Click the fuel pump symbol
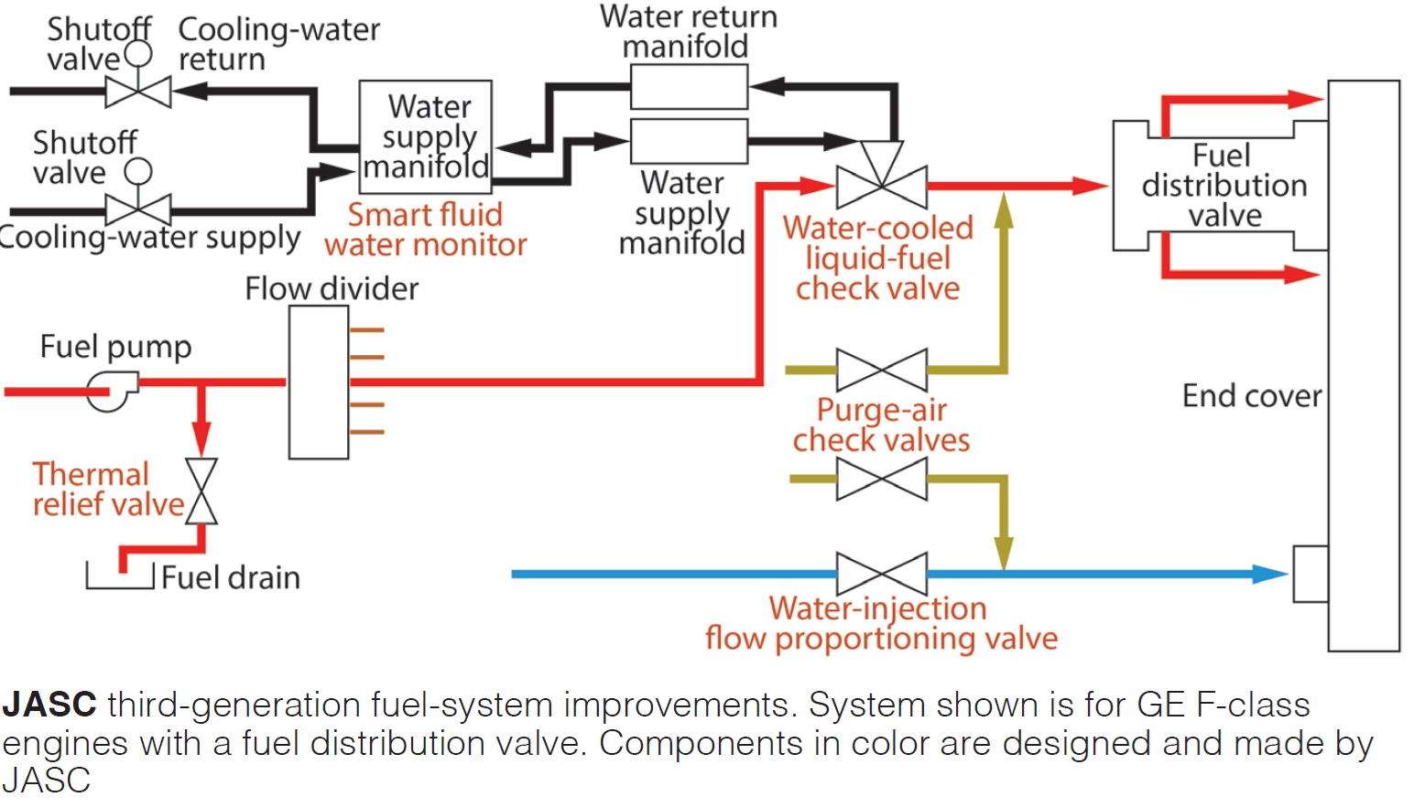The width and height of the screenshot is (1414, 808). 113,391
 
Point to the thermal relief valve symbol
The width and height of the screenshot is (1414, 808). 201,490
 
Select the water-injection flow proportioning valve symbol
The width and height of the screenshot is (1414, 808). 882,574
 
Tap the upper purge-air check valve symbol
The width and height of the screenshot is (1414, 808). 882,371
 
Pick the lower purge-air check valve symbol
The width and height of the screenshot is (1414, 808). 882,479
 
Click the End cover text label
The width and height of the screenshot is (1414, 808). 1252,396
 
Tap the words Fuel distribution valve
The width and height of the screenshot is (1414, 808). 1224,186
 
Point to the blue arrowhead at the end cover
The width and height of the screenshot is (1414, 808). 1270,574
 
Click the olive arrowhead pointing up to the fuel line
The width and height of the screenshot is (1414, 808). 1004,210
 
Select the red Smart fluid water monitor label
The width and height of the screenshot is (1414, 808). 426,230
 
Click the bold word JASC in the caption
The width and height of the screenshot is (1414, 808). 49,705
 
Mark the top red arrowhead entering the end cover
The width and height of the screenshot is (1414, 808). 1306,99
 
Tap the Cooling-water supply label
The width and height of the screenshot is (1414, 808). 149,239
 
